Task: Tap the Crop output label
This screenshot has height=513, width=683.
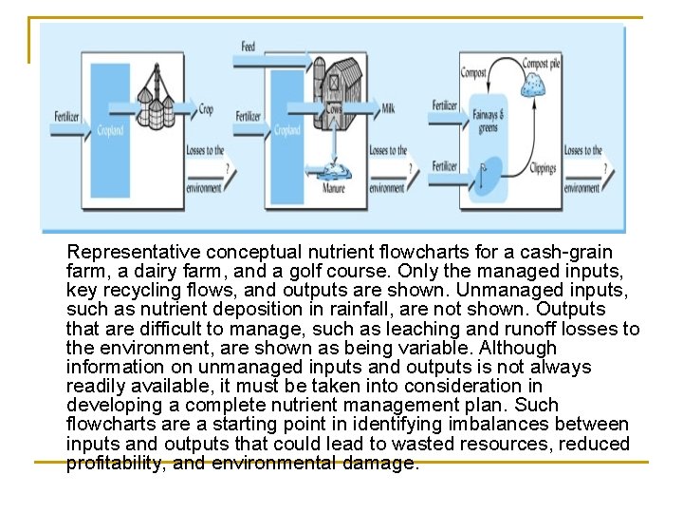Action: (x=205, y=109)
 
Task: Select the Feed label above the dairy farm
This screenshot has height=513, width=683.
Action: (x=248, y=47)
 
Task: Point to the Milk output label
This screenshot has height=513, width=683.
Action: (x=387, y=108)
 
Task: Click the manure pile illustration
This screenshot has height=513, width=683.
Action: (x=333, y=171)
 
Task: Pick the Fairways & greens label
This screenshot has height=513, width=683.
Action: (x=487, y=120)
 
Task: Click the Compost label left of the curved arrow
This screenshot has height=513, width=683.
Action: (x=473, y=72)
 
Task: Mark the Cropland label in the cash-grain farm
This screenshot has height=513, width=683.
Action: (x=110, y=130)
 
